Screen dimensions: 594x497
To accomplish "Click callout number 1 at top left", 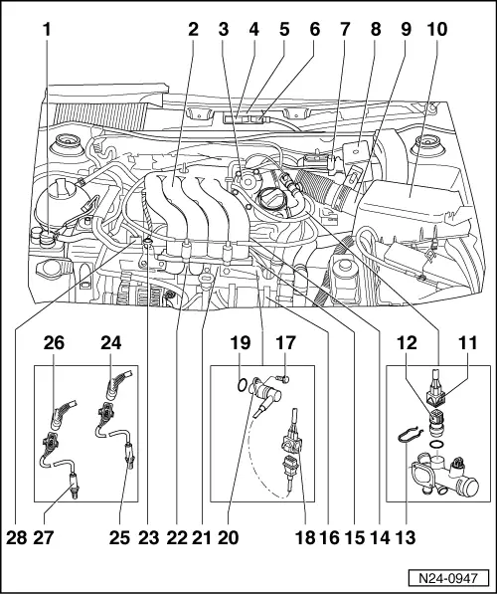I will tap(46, 30).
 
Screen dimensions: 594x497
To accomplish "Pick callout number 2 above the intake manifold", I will tap(193, 30).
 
